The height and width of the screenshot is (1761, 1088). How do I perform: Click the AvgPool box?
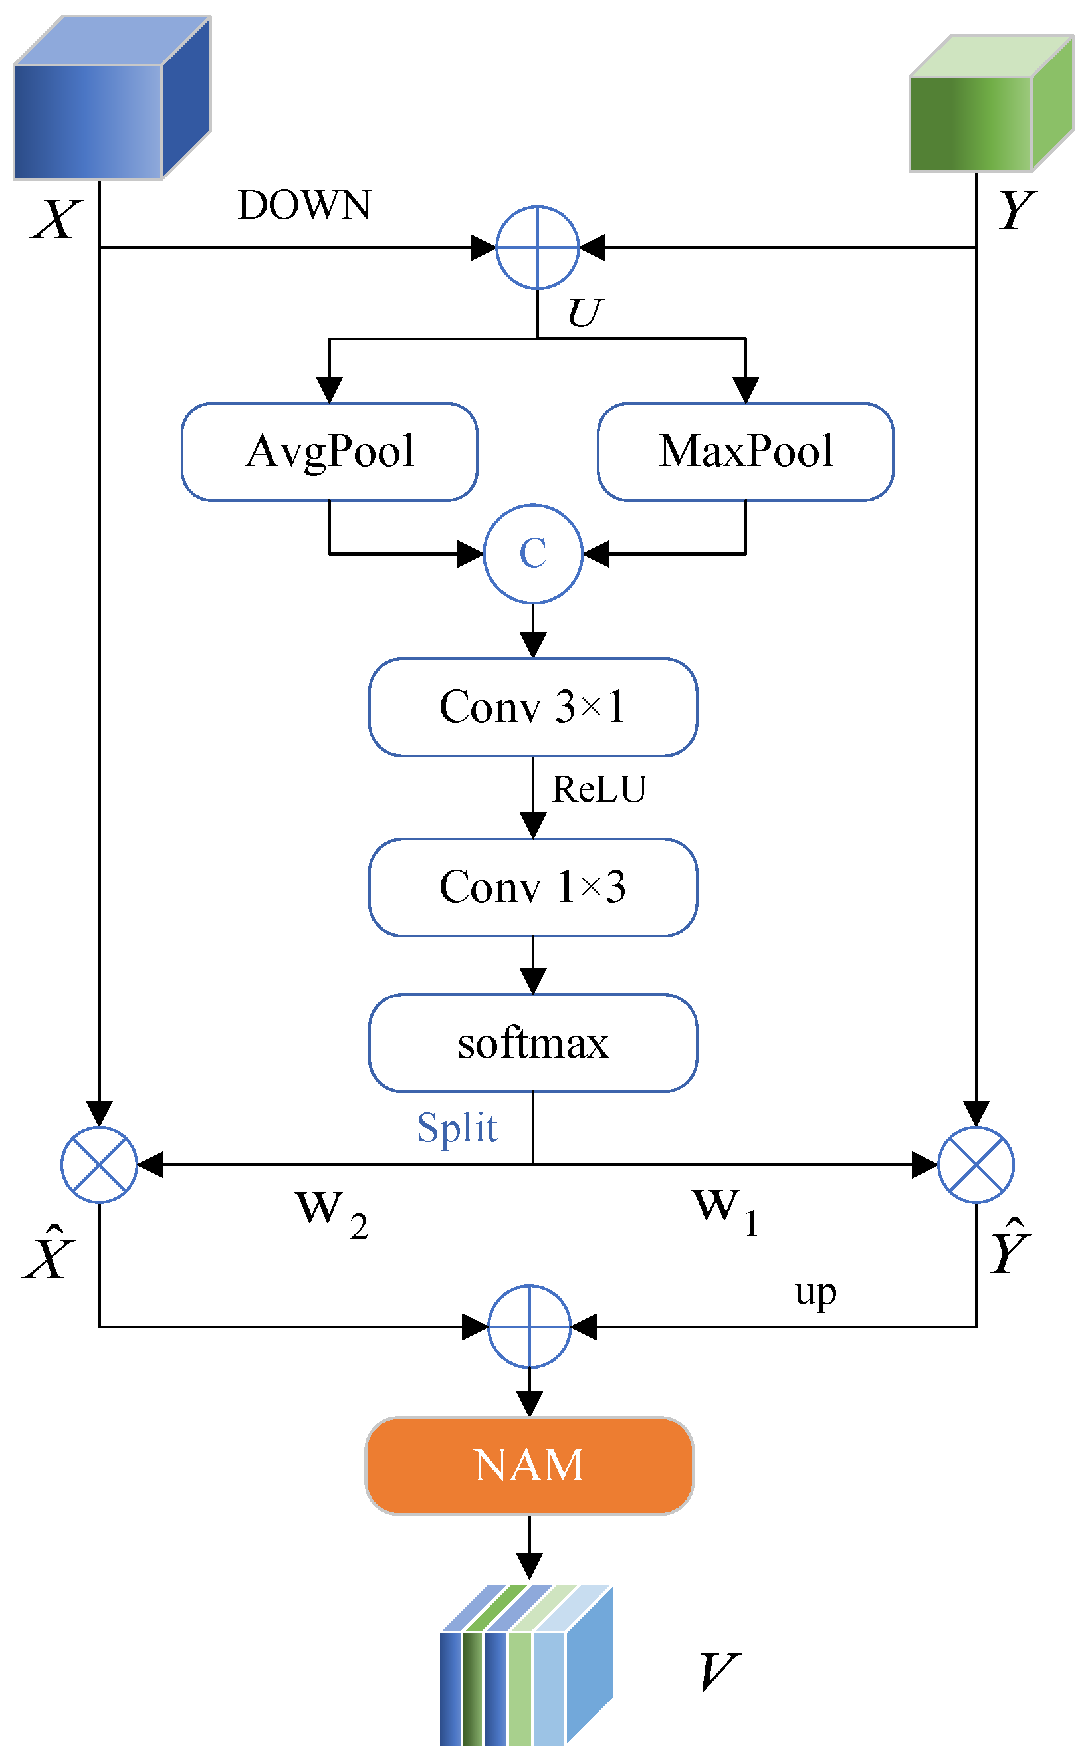(x=329, y=451)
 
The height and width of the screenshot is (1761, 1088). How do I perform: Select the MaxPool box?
(x=745, y=451)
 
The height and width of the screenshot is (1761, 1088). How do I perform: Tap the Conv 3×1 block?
(x=532, y=707)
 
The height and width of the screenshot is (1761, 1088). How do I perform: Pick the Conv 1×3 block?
(x=532, y=887)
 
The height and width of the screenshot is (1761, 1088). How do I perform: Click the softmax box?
(x=532, y=1043)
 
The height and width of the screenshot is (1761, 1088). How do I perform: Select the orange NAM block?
(x=529, y=1465)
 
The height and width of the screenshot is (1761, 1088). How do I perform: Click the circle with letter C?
(x=532, y=553)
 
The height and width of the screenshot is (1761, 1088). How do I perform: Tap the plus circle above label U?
(x=538, y=247)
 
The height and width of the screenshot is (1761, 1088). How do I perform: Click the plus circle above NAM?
(x=529, y=1326)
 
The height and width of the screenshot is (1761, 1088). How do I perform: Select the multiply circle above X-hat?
(x=99, y=1165)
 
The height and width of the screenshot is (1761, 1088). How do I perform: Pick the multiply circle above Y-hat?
(x=976, y=1165)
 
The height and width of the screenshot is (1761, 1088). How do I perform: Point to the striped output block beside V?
(x=525, y=1666)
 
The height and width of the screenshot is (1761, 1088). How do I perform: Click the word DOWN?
(x=304, y=206)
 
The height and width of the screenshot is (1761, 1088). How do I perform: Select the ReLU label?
(x=599, y=790)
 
